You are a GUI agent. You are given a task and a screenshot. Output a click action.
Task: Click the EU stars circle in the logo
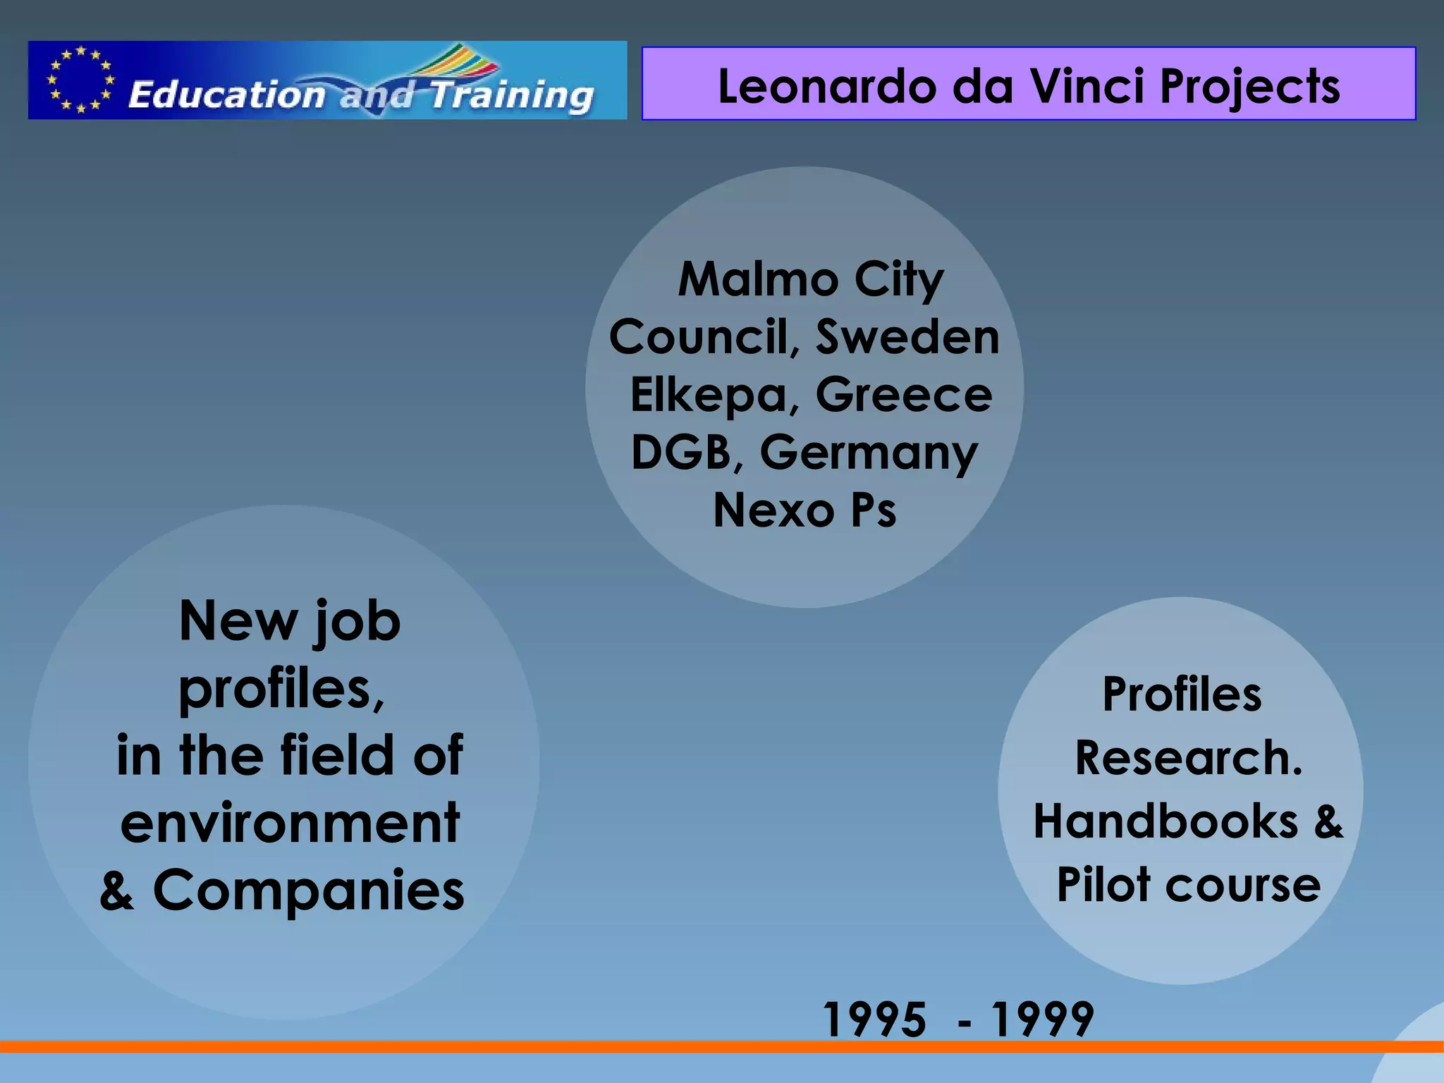(80, 80)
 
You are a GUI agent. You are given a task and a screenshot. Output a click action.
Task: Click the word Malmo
(758, 279)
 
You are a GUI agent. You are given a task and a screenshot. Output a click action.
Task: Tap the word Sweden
(907, 337)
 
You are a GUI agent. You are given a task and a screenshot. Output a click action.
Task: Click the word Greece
(904, 395)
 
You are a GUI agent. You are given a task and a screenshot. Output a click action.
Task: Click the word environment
(290, 823)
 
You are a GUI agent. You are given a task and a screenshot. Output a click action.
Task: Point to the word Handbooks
(1165, 821)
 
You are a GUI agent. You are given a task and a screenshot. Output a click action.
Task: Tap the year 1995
(874, 1020)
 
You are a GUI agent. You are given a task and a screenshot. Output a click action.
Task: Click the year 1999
(1042, 1020)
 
